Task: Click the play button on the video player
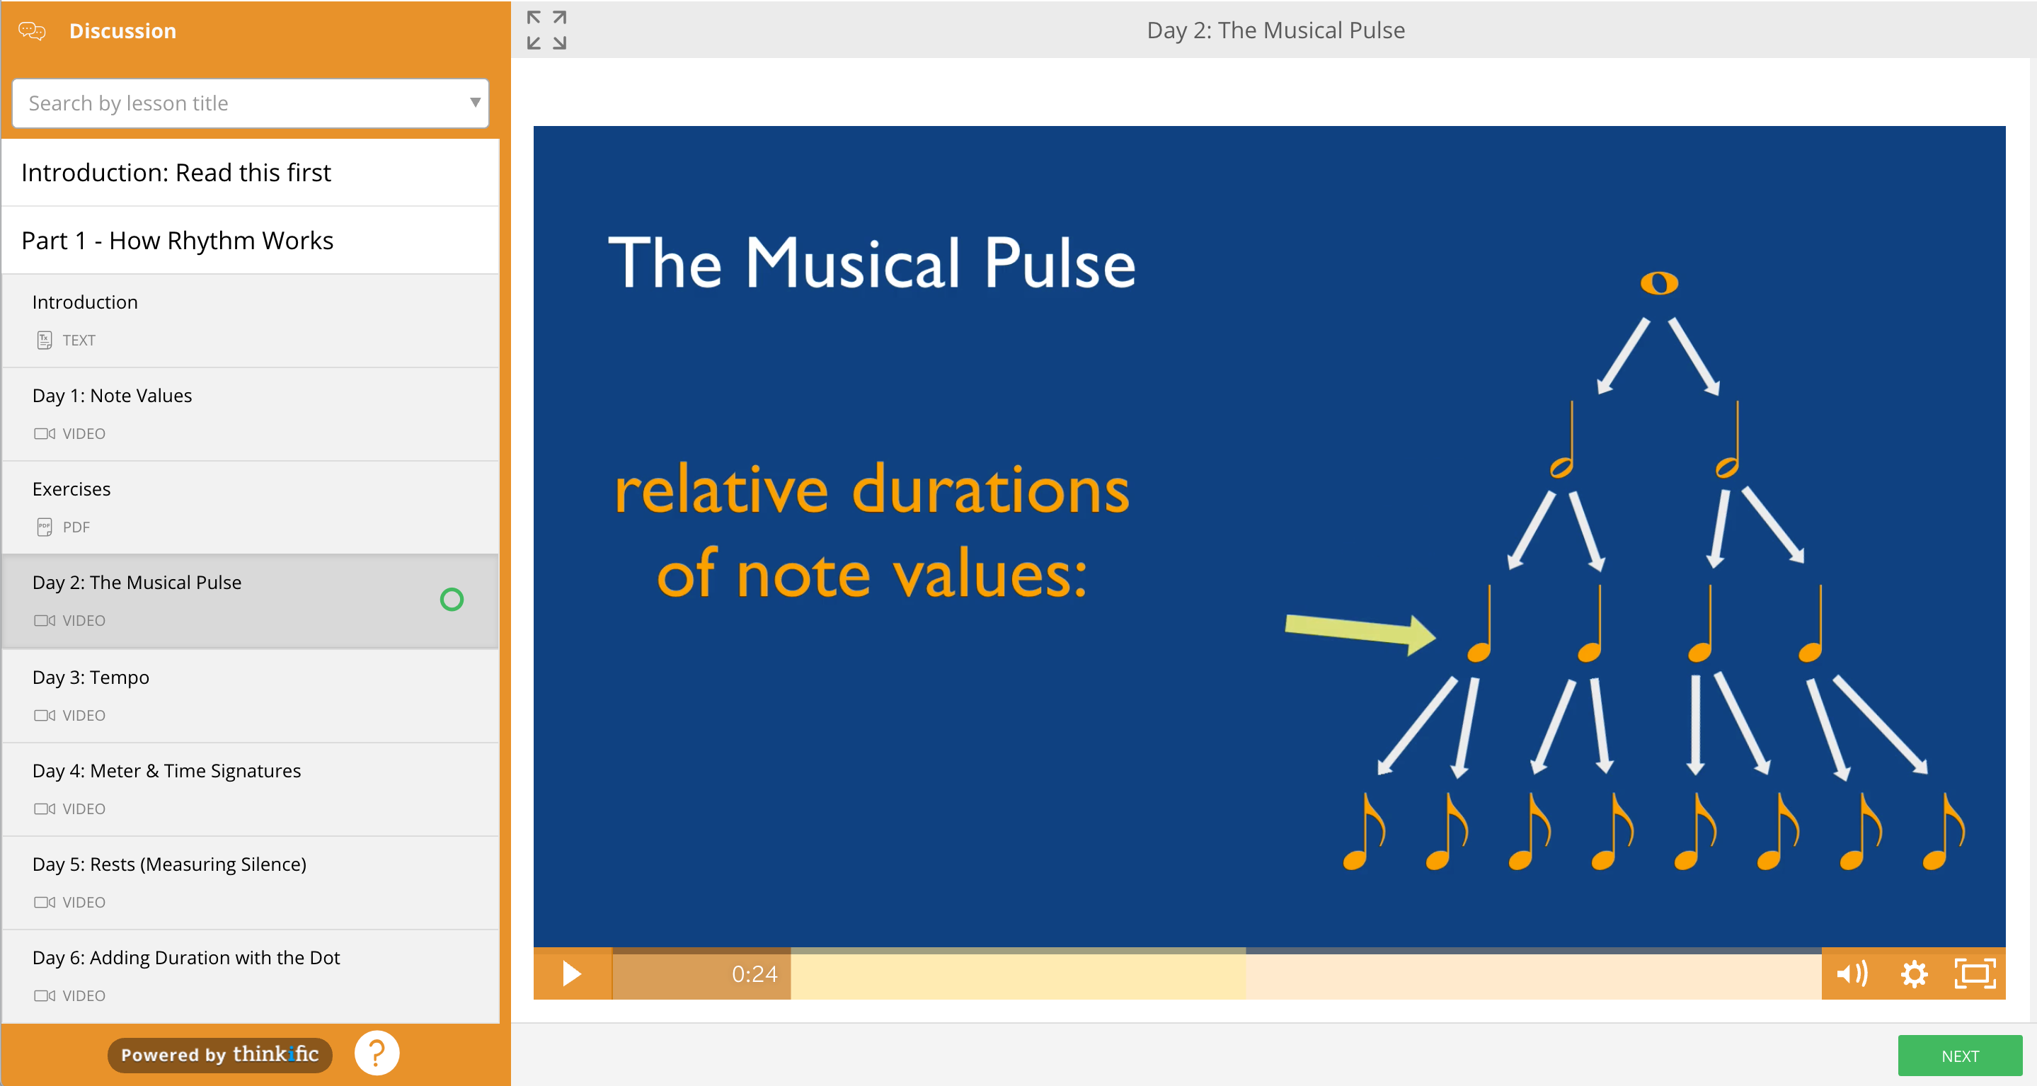(x=572, y=973)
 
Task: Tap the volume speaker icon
(x=1852, y=973)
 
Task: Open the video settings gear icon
(x=1914, y=973)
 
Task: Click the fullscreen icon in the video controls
(x=1975, y=973)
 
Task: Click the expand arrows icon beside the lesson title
(x=546, y=30)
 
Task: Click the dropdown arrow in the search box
(x=475, y=102)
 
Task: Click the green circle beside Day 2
(x=452, y=600)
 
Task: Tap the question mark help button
(x=377, y=1053)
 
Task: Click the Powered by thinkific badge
(x=220, y=1054)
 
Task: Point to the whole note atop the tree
(x=1659, y=283)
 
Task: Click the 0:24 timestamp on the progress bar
(x=754, y=973)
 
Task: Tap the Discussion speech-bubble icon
(x=33, y=31)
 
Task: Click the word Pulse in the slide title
(x=1060, y=263)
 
